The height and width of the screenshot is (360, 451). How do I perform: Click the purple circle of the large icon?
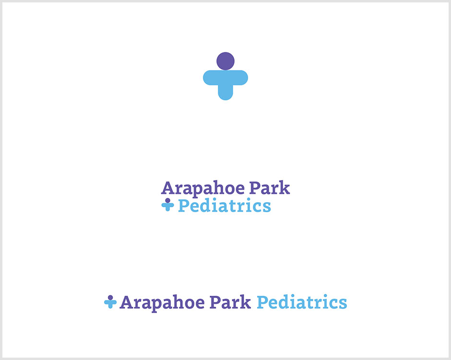225,61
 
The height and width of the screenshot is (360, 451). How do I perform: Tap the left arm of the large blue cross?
211,78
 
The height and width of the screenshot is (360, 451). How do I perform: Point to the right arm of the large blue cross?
240,78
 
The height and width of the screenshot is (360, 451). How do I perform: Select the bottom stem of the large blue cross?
225,93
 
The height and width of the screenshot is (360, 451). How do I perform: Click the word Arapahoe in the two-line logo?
203,189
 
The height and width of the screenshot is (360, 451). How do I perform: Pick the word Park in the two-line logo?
270,188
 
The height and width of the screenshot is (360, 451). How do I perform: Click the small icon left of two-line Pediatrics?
168,204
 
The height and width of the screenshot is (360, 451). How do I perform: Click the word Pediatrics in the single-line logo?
302,302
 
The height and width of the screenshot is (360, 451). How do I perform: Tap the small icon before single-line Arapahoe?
110,302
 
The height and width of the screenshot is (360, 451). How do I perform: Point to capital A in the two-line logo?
168,188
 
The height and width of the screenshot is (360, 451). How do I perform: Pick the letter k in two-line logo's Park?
285,188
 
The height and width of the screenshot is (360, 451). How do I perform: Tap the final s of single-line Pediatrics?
343,304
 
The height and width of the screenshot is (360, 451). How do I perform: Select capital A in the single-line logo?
127,302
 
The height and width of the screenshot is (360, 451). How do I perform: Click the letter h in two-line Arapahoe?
221,188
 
